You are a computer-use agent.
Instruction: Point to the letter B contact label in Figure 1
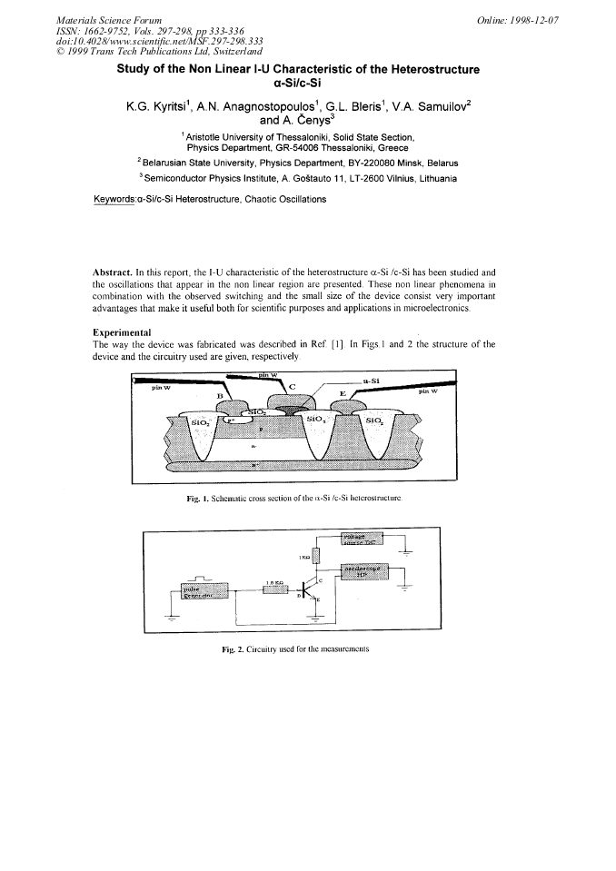[x=218, y=396]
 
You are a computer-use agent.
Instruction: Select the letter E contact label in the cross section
[x=343, y=392]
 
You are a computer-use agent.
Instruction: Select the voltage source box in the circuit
[x=362, y=539]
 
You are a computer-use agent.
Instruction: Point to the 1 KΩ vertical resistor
[x=315, y=556]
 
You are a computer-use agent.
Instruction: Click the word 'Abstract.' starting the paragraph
[x=114, y=272]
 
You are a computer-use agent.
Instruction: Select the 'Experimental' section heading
[x=123, y=332]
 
